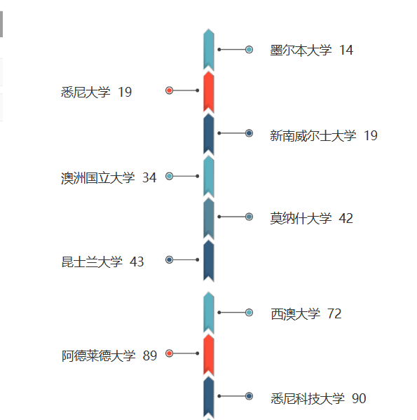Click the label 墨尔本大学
pos(301,50)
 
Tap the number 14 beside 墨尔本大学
pos(346,50)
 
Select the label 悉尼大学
pos(86,92)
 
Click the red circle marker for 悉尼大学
pos(169,90)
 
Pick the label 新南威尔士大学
pos(313,135)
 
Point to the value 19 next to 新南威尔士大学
pos(371,135)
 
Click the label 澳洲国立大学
pos(97,178)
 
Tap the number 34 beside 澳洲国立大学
pos(149,177)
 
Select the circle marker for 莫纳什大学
pos(249,217)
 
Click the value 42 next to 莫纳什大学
pos(346,218)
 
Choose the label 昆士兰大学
pos(92,262)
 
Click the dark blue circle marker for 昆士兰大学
pos(169,260)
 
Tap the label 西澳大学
pos(295,314)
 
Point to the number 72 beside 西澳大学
pos(334,313)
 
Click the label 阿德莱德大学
pos(99,356)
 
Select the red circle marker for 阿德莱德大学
pos(169,353)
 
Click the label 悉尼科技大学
pos(308,398)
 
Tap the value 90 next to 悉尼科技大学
pos(359,398)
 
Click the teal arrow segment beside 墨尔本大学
pos(209,50)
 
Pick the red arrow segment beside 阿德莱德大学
pos(209,355)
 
